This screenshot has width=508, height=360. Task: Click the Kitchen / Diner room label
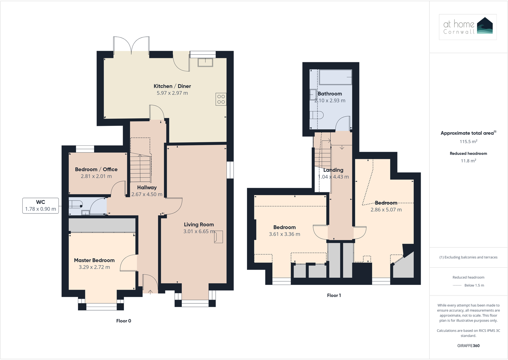tap(172, 86)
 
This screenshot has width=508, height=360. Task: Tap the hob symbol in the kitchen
tap(221, 99)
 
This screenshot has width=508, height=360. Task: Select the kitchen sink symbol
tap(205, 62)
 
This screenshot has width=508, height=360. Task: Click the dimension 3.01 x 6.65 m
tap(199, 231)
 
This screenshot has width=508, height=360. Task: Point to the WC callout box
tap(41, 206)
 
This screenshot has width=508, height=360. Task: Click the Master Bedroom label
tap(94, 260)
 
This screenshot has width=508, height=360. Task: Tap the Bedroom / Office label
tap(96, 170)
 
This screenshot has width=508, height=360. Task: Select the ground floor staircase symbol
tap(141, 168)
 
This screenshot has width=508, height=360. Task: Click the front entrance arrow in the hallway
tap(150, 291)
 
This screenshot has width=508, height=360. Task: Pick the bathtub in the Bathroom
tap(335, 77)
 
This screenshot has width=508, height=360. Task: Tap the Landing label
tap(333, 170)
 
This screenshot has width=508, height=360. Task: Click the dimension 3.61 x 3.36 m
tap(284, 234)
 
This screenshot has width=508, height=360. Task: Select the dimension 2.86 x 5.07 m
tap(386, 210)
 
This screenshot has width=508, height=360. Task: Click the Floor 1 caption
tap(334, 295)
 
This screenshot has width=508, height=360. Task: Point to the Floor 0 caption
tap(124, 321)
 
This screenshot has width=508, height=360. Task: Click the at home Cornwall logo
tap(467, 27)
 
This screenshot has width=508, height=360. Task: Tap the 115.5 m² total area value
tap(468, 142)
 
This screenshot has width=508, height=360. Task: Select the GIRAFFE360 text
tap(468, 346)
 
